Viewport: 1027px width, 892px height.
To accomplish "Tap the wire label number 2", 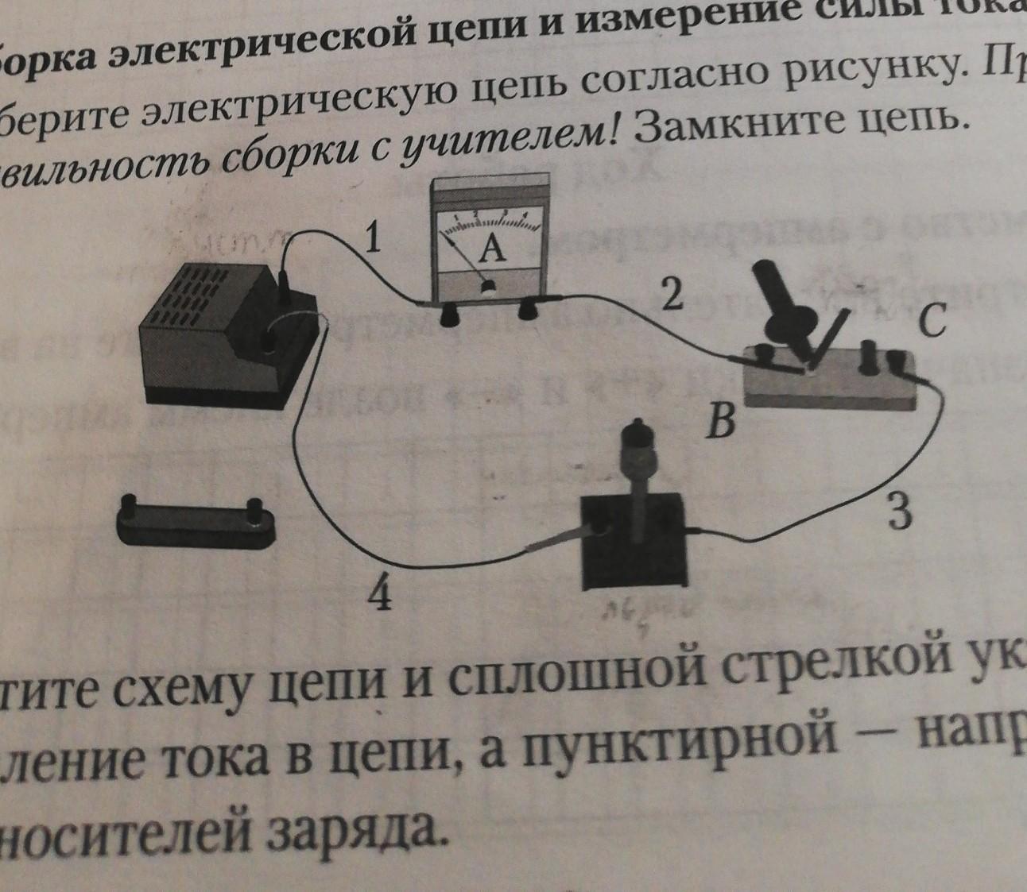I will (x=672, y=295).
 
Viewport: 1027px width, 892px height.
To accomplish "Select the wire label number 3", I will (x=898, y=512).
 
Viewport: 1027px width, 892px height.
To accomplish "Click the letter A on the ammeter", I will (x=493, y=250).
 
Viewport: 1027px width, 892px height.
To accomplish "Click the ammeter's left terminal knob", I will (x=451, y=315).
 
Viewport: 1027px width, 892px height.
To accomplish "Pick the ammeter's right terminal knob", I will (x=527, y=311).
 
